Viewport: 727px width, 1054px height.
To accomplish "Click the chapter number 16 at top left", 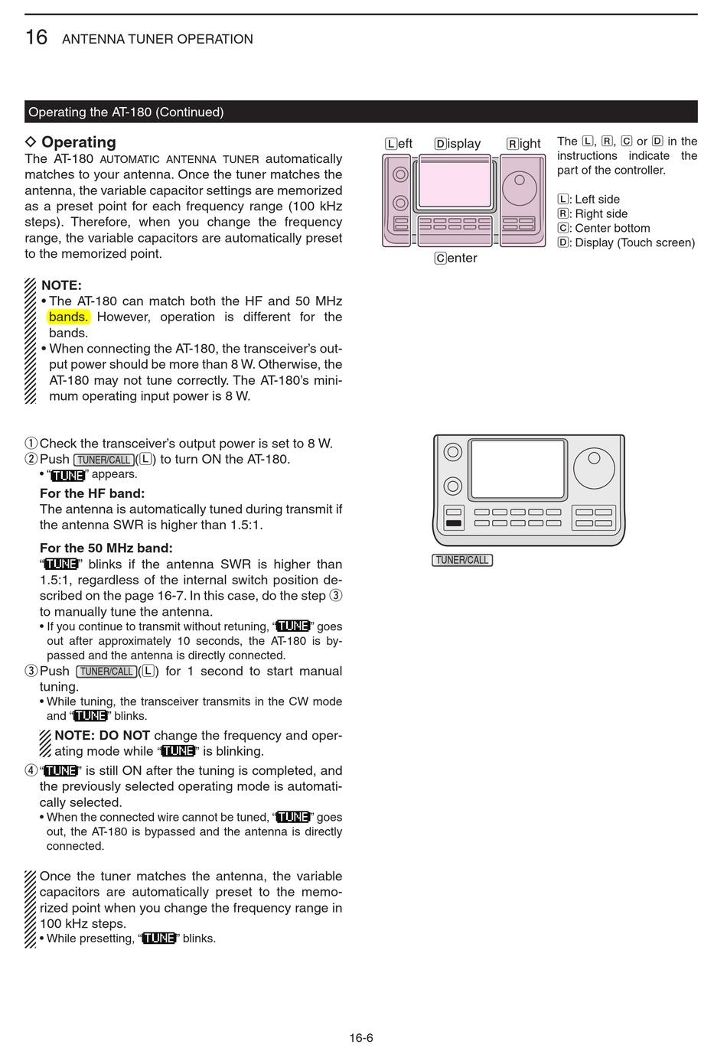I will point(36,37).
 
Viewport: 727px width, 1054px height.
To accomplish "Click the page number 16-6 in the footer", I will point(361,1038).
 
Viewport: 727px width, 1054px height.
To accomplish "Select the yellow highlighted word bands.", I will point(68,317).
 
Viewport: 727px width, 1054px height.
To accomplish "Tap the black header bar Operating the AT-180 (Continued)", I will point(360,112).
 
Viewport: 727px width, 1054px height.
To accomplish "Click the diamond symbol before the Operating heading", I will point(31,142).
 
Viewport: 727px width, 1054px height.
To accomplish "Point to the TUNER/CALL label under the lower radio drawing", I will point(462,560).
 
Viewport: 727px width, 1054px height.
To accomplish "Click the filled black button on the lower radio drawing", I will point(454,524).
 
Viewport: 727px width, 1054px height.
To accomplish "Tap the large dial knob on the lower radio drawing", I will point(594,468).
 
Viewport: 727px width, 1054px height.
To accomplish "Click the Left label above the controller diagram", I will point(399,144).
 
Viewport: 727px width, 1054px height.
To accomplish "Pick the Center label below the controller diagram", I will point(456,259).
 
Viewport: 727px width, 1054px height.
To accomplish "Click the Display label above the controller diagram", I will point(458,144).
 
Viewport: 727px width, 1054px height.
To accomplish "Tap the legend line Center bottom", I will point(604,228).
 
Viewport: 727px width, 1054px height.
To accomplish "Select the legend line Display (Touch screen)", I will point(626,242).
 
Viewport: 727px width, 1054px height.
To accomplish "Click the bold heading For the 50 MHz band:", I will point(106,548).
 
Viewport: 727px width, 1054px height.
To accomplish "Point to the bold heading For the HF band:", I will point(92,493).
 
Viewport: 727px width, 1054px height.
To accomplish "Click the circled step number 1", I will point(31,444).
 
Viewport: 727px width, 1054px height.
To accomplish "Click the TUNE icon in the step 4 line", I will point(60,771).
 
